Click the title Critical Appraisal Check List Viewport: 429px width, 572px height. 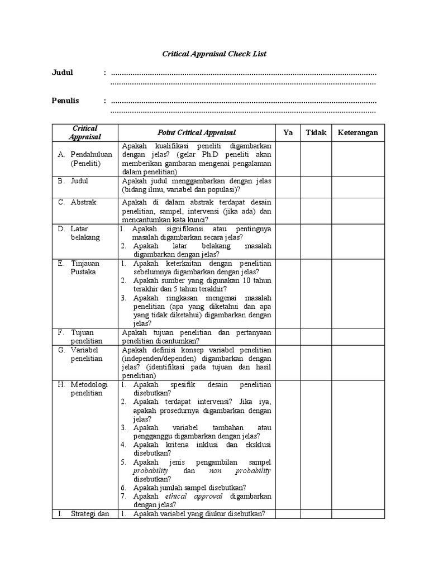[214, 54]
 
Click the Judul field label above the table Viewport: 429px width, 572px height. [63, 73]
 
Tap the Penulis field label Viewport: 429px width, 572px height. [65, 101]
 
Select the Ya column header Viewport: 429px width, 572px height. [288, 132]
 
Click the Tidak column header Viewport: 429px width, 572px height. [316, 132]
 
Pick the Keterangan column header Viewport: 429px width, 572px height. [357, 132]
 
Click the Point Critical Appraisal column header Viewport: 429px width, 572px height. [196, 132]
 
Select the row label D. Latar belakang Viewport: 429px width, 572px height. [82, 233]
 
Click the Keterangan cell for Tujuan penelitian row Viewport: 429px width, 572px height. [357, 337]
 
